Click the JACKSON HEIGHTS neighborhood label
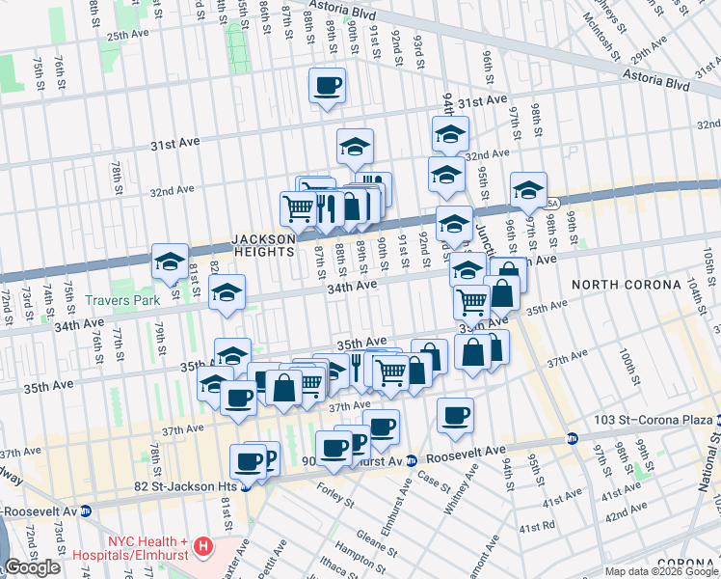(x=262, y=245)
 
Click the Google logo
(x=33, y=567)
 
